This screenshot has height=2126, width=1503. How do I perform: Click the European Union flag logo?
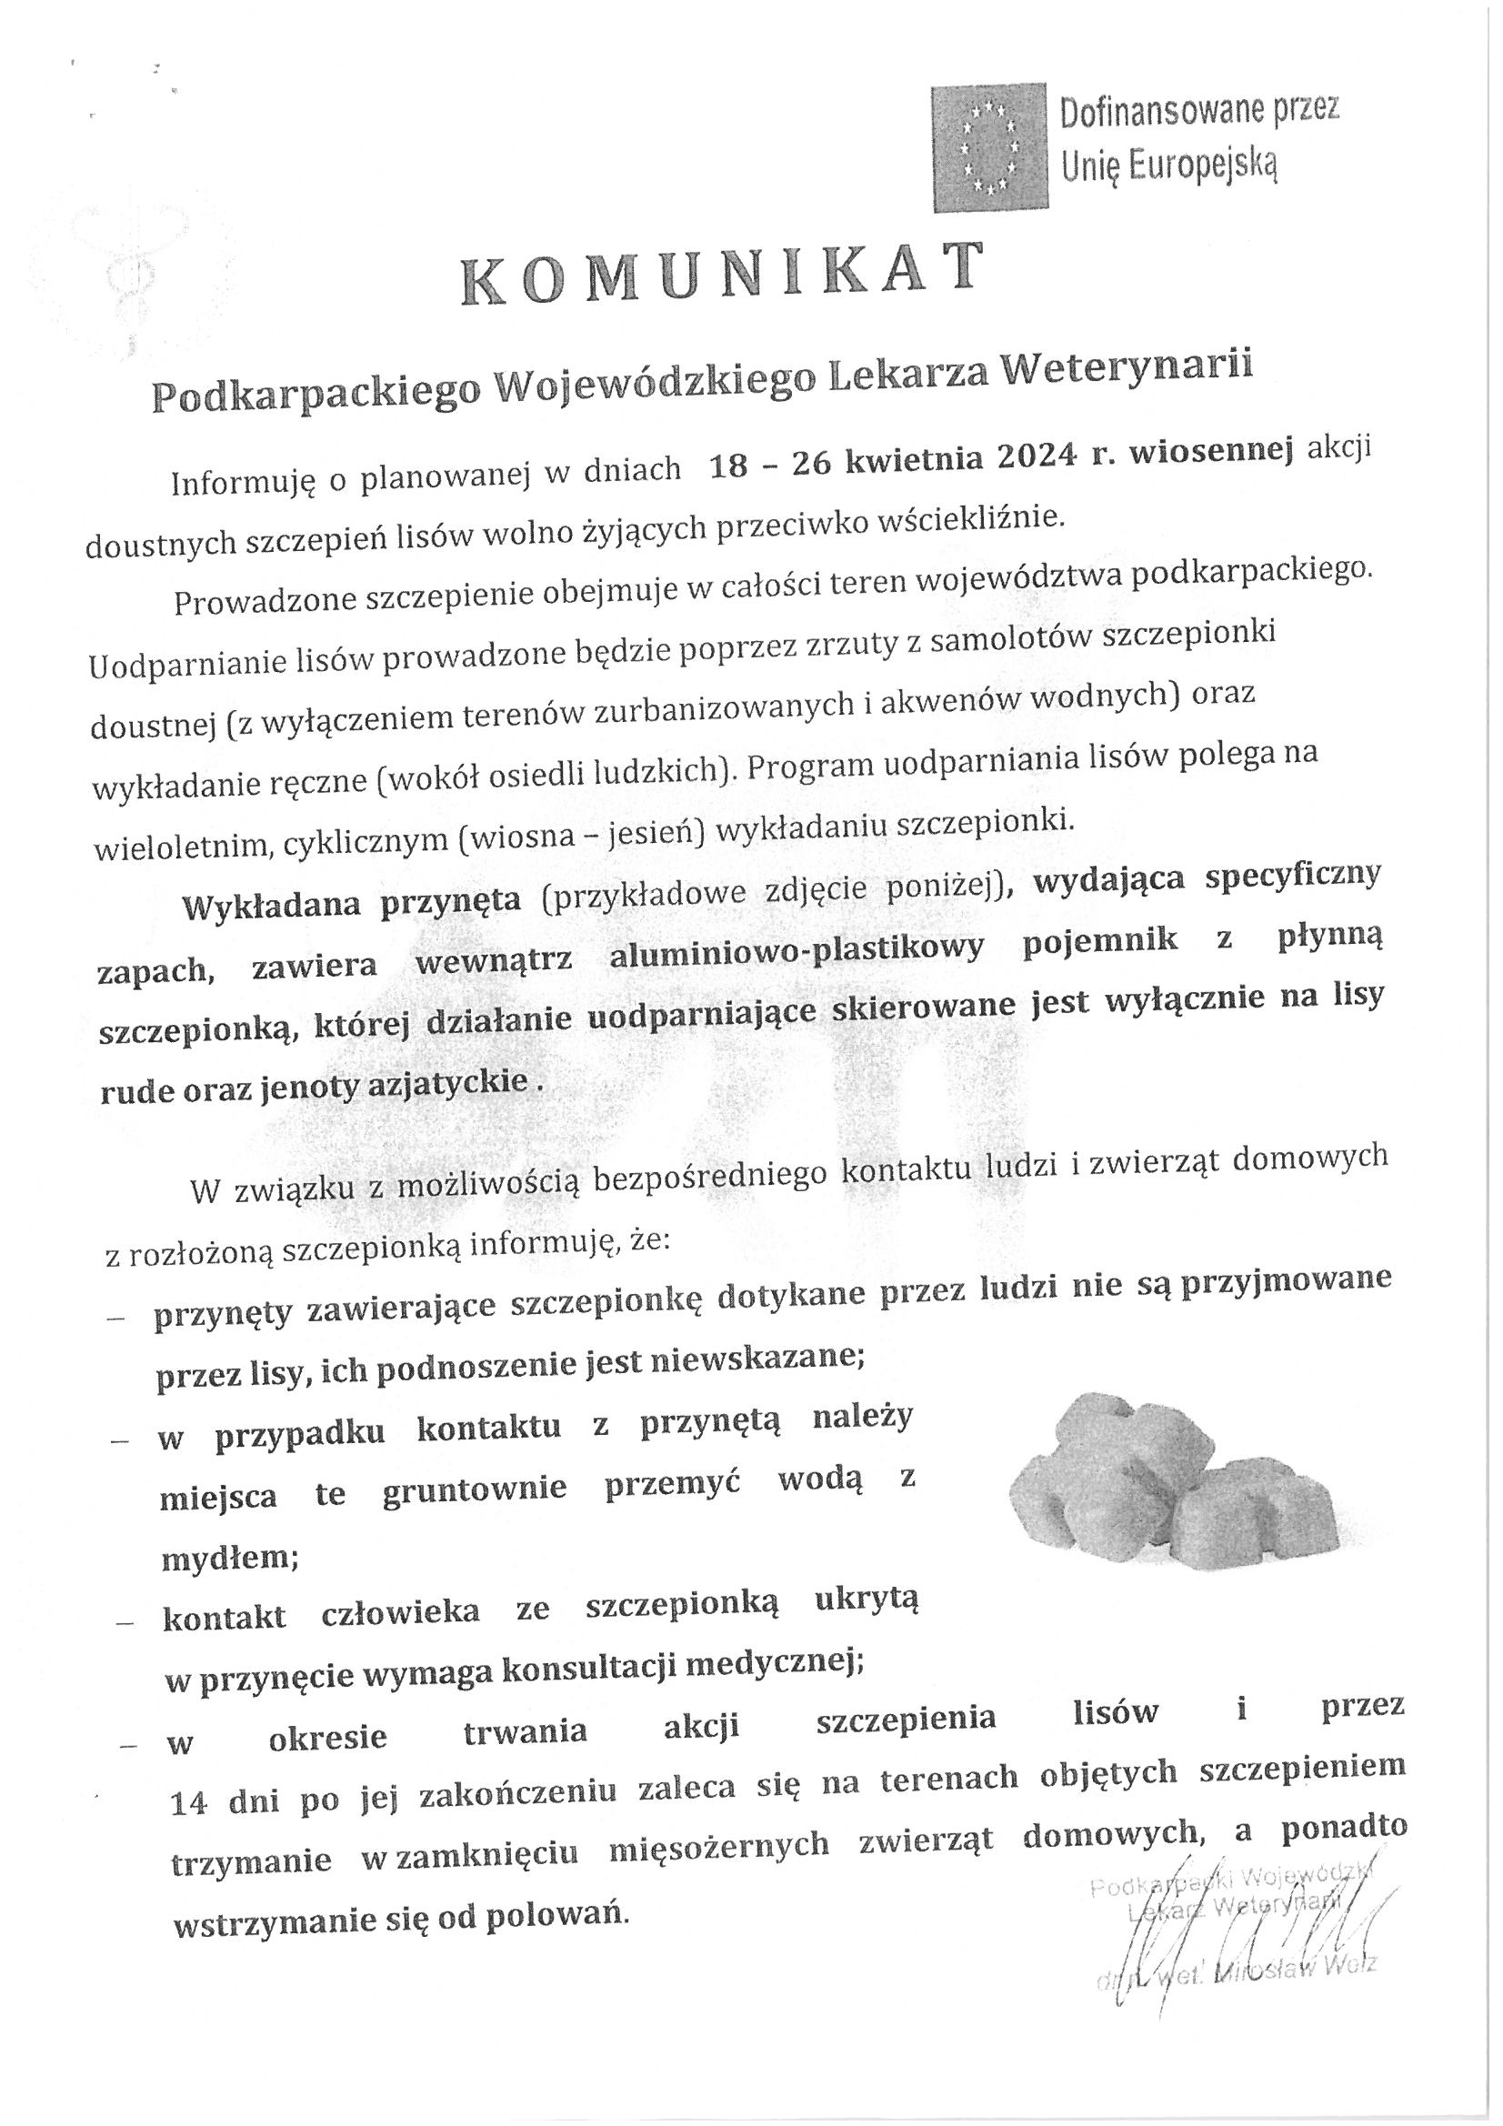tap(989, 145)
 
